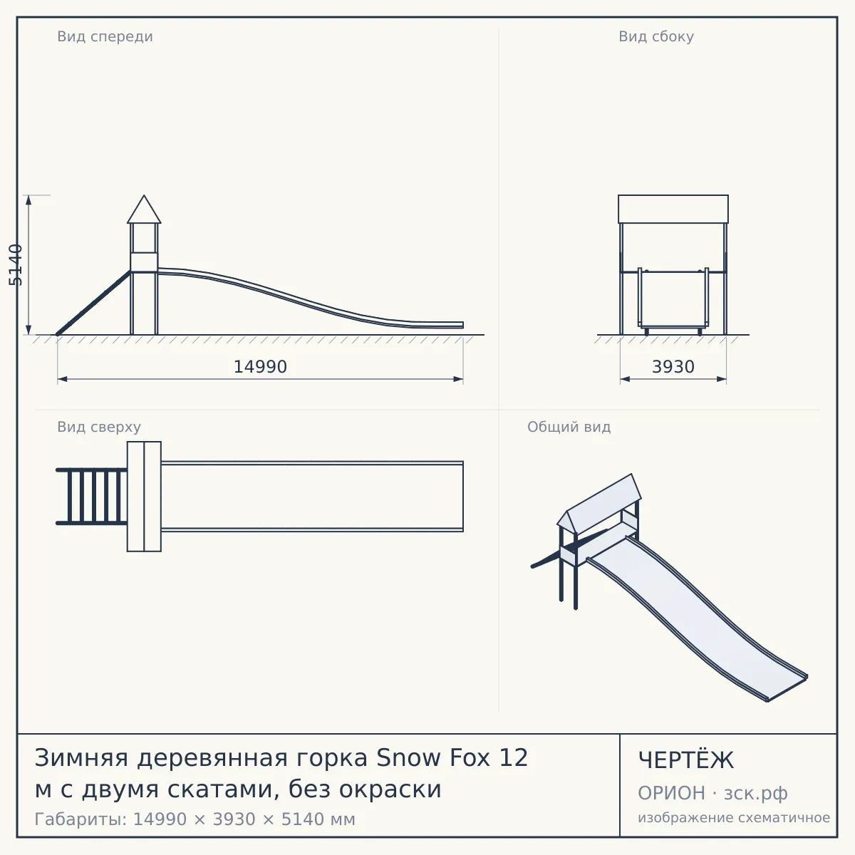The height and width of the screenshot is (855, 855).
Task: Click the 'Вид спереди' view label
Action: (x=105, y=36)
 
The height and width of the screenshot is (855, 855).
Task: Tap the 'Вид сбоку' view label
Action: (x=655, y=36)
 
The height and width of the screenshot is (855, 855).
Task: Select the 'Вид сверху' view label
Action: (x=99, y=427)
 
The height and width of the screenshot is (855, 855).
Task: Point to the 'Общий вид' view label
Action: (x=569, y=427)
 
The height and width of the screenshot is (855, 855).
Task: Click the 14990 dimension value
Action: (x=260, y=367)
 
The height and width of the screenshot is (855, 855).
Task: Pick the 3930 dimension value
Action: (x=673, y=367)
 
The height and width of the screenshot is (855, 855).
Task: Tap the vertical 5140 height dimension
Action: (x=16, y=265)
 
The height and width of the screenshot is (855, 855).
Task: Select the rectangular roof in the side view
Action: (x=673, y=209)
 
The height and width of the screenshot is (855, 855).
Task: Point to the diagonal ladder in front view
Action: (x=93, y=303)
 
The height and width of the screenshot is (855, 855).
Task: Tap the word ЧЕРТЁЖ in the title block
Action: (x=685, y=760)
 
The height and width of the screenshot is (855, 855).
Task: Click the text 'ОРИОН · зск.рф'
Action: (x=712, y=793)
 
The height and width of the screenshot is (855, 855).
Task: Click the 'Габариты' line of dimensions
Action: (x=195, y=819)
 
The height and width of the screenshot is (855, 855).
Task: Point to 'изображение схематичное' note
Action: (x=734, y=817)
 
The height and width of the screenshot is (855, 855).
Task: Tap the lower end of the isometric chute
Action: (x=787, y=688)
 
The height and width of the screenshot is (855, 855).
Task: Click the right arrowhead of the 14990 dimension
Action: (x=458, y=379)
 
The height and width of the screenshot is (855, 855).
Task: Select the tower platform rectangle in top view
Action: (x=144, y=497)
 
